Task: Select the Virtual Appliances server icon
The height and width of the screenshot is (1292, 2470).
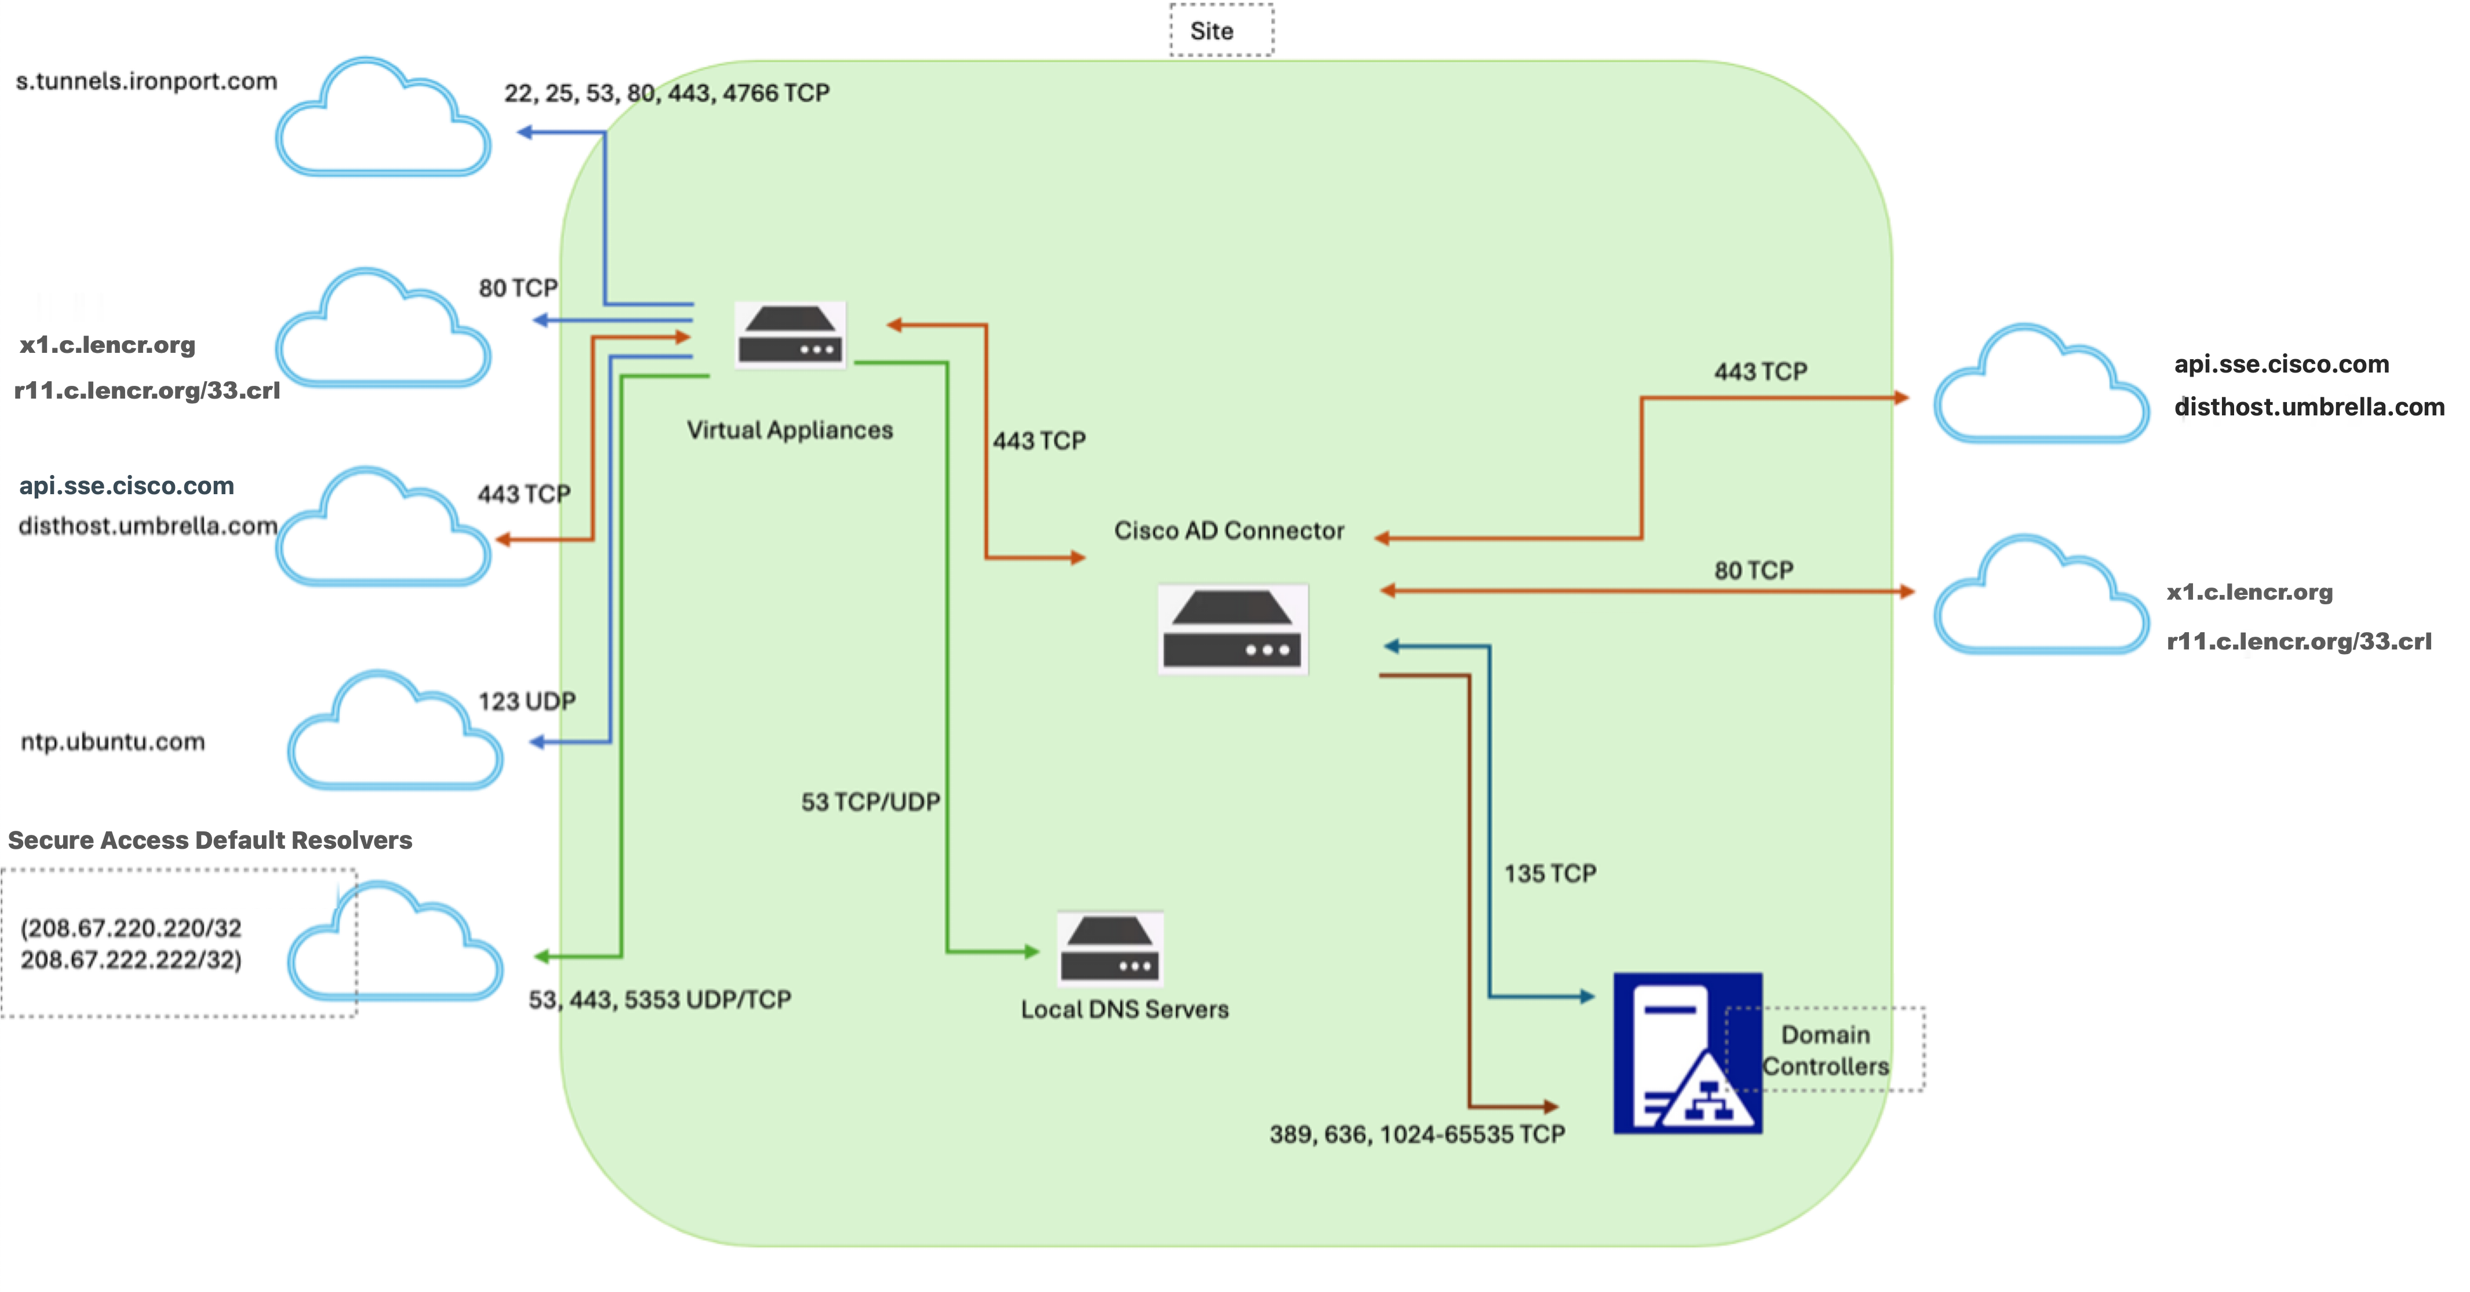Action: [x=790, y=334]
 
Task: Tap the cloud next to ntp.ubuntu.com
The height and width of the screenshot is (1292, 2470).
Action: [x=395, y=731]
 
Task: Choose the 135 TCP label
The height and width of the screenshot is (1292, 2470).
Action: [x=1550, y=873]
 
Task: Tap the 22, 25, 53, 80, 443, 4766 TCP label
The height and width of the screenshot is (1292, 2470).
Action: [x=666, y=93]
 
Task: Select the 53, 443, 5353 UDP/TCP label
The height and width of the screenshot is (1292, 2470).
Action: [x=660, y=999]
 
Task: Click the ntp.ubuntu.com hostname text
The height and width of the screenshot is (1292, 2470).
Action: [x=113, y=742]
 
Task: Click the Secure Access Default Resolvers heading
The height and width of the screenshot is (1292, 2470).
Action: [x=210, y=841]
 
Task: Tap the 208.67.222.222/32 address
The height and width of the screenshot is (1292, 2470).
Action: [x=132, y=959]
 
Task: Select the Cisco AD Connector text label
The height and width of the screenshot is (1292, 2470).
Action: [x=1229, y=530]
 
